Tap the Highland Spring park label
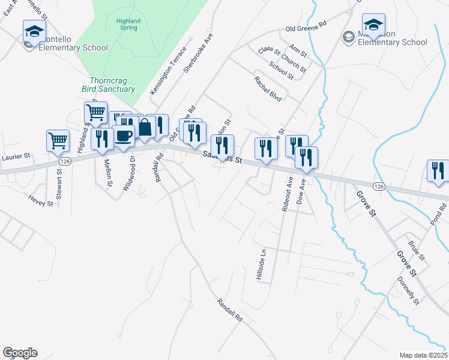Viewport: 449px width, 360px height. click(128, 25)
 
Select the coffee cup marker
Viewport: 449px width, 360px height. click(124, 136)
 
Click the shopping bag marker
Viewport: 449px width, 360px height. click(145, 127)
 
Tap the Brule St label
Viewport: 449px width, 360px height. click(415, 251)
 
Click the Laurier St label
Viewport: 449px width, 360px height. click(16, 157)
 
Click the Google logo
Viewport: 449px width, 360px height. click(20, 353)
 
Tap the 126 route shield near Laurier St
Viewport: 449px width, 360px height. click(65, 161)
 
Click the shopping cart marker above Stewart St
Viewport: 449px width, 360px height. click(58, 141)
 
